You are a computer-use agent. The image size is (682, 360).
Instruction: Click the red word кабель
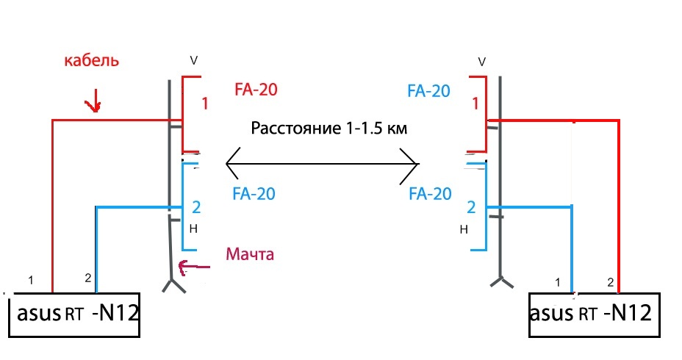(91, 61)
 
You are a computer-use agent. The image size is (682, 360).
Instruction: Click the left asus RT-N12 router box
(73, 315)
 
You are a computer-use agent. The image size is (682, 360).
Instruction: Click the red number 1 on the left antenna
(205, 105)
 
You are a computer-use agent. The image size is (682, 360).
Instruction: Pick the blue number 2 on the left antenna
(196, 206)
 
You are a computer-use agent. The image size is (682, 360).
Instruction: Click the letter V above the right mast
(482, 60)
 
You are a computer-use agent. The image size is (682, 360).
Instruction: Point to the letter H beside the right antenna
(464, 230)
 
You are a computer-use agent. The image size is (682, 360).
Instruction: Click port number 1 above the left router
(31, 280)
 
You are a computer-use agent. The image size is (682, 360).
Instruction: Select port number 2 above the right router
(609, 282)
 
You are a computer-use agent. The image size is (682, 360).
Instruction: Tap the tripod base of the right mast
(501, 283)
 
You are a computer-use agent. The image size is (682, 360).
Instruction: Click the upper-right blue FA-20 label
(428, 92)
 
